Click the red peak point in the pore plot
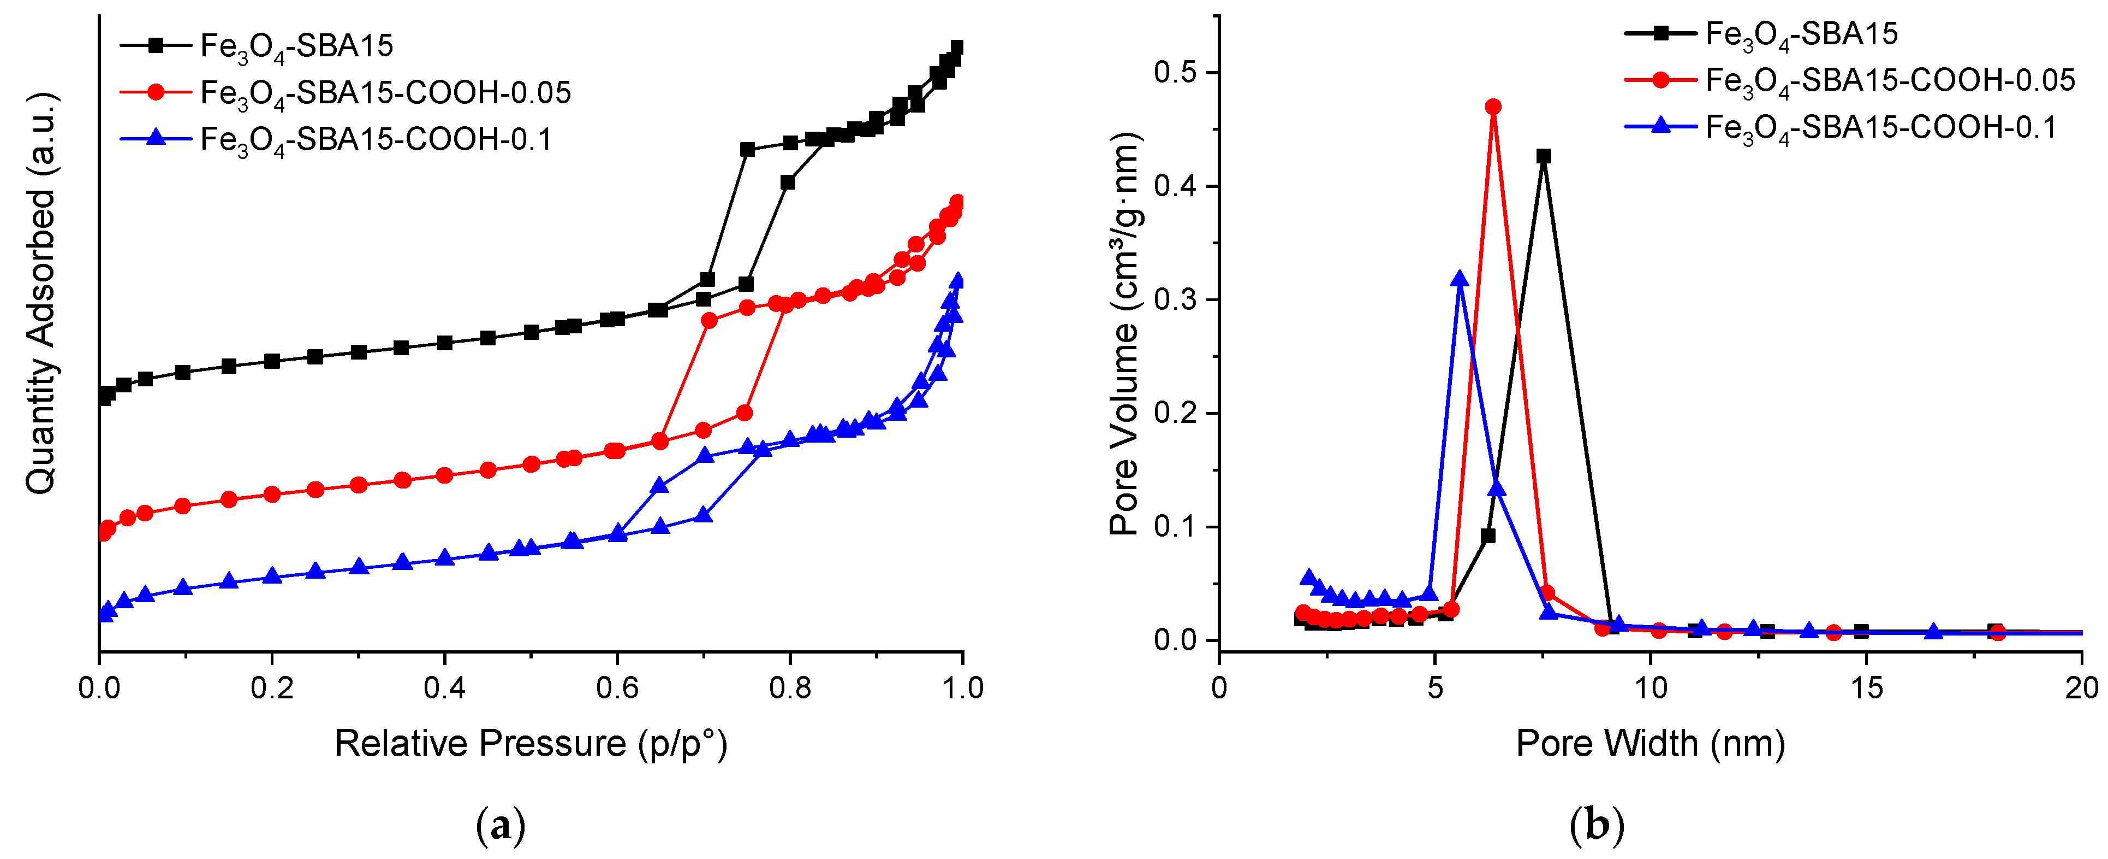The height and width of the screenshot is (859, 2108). click(1493, 107)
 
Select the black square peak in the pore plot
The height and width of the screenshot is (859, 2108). click(1544, 156)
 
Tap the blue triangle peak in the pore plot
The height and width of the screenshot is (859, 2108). click(1459, 279)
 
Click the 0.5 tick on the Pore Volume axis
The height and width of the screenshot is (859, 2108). click(1175, 72)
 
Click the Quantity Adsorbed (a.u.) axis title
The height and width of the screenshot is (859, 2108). click(41, 293)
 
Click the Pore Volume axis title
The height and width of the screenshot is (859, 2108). click(1124, 333)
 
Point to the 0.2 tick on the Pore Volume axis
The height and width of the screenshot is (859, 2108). click(1175, 413)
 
